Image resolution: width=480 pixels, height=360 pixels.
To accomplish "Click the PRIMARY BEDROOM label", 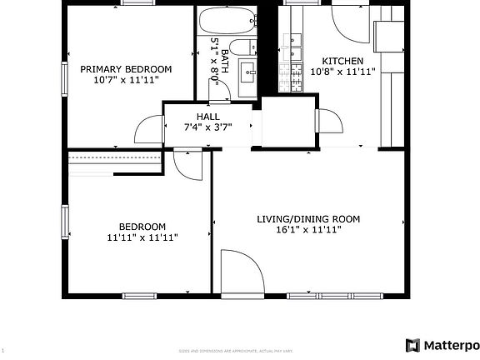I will (x=126, y=69).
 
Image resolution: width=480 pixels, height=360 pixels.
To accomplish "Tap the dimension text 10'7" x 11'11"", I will (x=126, y=81).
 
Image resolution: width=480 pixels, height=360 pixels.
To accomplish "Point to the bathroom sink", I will (x=247, y=75).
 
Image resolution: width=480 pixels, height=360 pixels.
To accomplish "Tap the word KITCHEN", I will (x=342, y=61).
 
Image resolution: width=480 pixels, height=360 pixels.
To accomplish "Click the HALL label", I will (x=208, y=116).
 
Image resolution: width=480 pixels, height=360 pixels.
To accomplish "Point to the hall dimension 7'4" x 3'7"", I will (x=208, y=127).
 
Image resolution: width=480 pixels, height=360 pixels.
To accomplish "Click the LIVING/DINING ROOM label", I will (x=307, y=219).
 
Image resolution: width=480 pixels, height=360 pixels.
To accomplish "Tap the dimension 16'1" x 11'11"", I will (x=307, y=231).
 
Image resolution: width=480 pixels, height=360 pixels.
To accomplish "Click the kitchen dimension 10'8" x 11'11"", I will (x=342, y=72).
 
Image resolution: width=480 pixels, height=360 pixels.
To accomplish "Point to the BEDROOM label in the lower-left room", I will (x=142, y=227).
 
